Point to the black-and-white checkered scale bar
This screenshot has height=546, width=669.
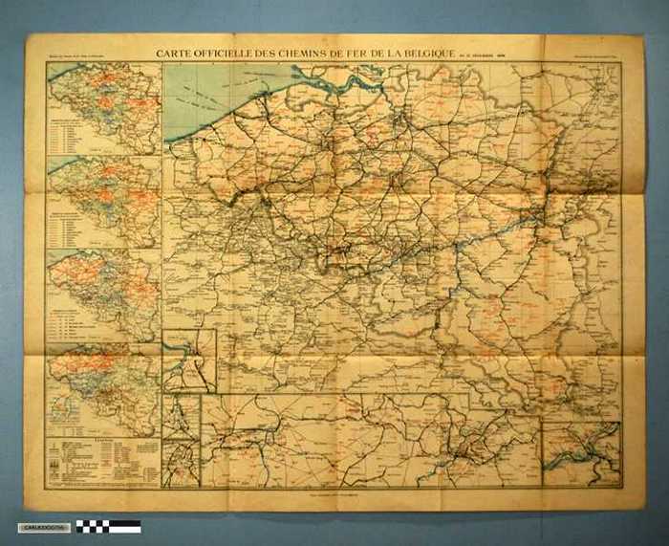(x=108, y=526)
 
